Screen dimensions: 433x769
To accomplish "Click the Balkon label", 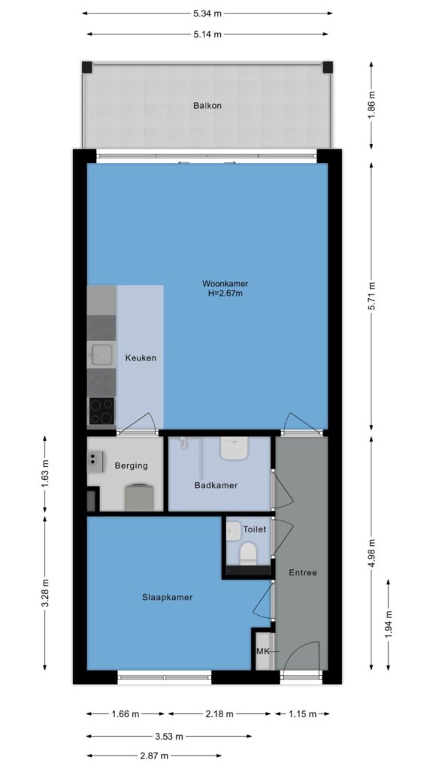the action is tap(207, 105).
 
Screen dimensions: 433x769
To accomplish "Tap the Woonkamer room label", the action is tap(225, 283).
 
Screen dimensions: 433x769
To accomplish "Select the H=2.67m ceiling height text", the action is tap(226, 294).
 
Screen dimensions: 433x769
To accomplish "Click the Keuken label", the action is tap(141, 358).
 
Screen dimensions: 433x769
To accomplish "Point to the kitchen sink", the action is tap(101, 354).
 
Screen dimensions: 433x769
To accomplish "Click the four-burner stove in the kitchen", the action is tap(101, 411).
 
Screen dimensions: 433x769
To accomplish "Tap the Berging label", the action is tap(131, 466).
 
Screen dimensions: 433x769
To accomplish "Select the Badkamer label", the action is tap(216, 486).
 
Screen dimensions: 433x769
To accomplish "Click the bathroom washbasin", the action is tap(234, 448).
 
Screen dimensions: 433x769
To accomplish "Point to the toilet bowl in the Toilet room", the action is tap(248, 553).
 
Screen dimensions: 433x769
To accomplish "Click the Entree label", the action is tap(302, 573).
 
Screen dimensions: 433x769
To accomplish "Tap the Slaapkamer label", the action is tap(168, 597).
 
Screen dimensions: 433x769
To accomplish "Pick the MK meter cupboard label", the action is tap(262, 652).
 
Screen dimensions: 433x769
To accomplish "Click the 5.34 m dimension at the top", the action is tap(207, 14).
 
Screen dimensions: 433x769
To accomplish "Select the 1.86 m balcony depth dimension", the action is tap(371, 105).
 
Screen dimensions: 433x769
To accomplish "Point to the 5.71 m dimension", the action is tap(371, 296).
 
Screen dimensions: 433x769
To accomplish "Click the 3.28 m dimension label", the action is tap(44, 593).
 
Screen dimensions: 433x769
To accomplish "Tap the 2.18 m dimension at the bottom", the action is tap(220, 714).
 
